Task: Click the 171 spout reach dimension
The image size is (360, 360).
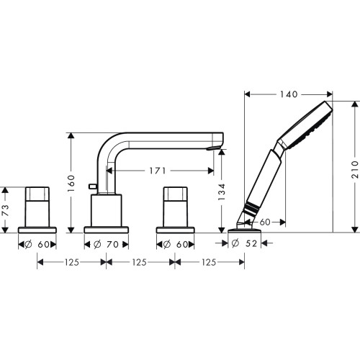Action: coord(158,171)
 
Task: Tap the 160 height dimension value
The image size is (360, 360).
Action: coord(71,184)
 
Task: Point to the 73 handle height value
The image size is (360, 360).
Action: coord(6,210)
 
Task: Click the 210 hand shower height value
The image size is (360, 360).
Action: coord(355,170)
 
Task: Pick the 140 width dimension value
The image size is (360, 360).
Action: coord(289,94)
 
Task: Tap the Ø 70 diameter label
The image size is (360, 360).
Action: coord(106,245)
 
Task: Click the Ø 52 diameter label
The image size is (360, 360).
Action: coord(244,243)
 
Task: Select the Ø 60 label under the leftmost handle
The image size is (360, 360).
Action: coord(37,245)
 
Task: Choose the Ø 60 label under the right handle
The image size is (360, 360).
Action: coord(176,245)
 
